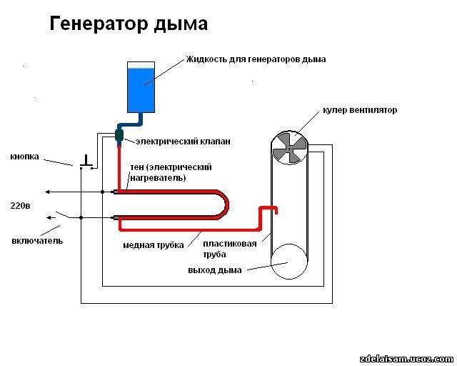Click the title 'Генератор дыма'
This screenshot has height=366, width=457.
coord(129,24)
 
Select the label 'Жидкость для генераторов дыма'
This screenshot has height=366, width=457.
coord(256,59)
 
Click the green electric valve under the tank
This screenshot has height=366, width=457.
coord(119,134)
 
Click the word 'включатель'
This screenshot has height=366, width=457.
coord(37,240)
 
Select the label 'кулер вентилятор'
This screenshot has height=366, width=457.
coord(359,110)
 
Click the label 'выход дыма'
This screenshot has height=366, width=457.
coord(214,269)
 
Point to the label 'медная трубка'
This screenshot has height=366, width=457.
coord(153,245)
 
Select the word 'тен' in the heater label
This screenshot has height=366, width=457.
coord(138,167)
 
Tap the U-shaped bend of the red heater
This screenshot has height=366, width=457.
coord(224,204)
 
